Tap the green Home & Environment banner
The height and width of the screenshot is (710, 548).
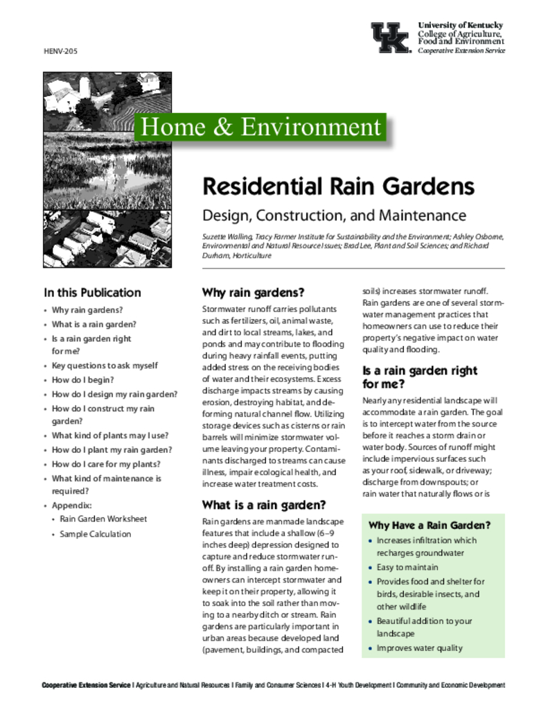[260, 128]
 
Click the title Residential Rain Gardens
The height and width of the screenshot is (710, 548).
[338, 187]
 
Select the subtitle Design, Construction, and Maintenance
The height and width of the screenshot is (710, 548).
[334, 216]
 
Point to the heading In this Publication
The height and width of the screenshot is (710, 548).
[92, 293]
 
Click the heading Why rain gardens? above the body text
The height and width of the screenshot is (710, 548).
[253, 292]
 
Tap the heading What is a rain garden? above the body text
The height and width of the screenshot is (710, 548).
[263, 504]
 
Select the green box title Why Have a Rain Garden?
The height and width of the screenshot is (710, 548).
[430, 525]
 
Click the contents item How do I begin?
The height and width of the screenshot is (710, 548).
[83, 380]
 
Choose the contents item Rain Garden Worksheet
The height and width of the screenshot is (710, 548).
[103, 519]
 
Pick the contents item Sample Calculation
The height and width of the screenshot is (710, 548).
[95, 534]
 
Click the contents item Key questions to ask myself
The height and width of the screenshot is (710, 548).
[105, 365]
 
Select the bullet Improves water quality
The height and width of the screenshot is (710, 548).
[419, 648]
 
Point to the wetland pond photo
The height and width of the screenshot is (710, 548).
[107, 173]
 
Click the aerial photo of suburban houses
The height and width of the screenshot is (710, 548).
[107, 239]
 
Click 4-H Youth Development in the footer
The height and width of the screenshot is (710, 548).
[358, 685]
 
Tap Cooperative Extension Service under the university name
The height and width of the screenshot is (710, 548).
[461, 51]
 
